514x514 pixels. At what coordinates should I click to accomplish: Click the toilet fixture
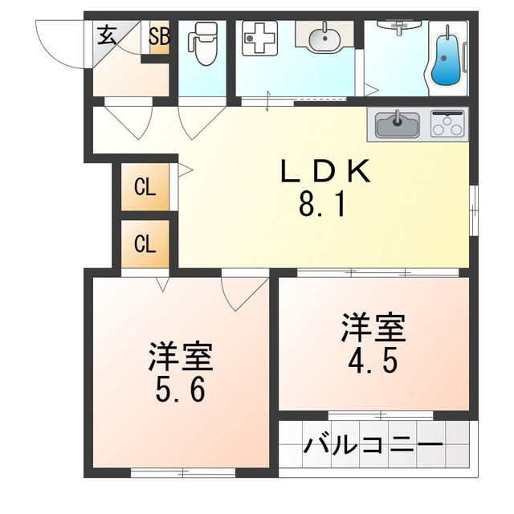(202, 43)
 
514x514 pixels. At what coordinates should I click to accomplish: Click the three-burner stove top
(447, 124)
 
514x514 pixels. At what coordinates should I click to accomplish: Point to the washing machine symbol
(259, 39)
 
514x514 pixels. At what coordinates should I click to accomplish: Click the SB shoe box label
(159, 36)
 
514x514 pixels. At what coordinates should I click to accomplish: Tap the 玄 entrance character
(107, 35)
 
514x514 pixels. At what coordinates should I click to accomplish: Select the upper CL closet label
(145, 187)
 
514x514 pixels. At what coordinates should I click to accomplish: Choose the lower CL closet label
(145, 244)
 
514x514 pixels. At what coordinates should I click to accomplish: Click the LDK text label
(325, 171)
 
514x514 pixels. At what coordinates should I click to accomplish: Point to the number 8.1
(322, 205)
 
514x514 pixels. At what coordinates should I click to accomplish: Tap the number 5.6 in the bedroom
(180, 390)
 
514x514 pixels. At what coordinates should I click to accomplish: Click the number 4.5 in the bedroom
(373, 361)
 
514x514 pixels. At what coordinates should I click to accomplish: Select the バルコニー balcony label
(373, 446)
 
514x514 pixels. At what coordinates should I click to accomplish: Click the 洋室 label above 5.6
(180, 357)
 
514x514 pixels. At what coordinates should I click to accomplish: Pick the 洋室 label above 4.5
(373, 328)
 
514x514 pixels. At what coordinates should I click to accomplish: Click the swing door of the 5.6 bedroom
(245, 295)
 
